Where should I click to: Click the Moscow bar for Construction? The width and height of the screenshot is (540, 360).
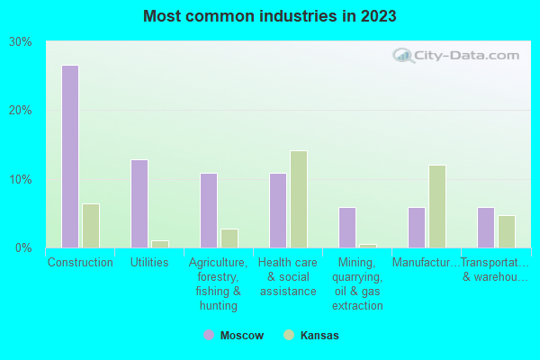[x=70, y=157]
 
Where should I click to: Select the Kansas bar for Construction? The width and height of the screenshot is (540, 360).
[x=91, y=226]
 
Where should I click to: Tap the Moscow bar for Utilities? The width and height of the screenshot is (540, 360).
[x=139, y=203]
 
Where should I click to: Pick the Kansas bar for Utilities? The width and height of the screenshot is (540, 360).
[x=160, y=244]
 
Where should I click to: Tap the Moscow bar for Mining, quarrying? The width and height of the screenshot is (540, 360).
[x=347, y=228]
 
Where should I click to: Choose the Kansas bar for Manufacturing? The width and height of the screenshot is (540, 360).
[x=437, y=206]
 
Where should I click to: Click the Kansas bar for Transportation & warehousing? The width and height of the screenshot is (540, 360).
[x=507, y=231]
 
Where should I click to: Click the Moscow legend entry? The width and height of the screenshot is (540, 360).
[x=233, y=335]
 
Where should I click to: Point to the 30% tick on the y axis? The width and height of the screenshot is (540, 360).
[x=21, y=41]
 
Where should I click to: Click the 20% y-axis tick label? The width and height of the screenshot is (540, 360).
[x=21, y=110]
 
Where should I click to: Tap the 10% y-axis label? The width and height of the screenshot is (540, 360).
[x=21, y=179]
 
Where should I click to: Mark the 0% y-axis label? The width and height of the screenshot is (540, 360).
[x=24, y=247]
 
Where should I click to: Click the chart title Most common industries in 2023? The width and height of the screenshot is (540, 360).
[x=270, y=16]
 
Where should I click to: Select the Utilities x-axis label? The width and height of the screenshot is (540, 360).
[x=149, y=263]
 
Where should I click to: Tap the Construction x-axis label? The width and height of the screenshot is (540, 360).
[x=80, y=263]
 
